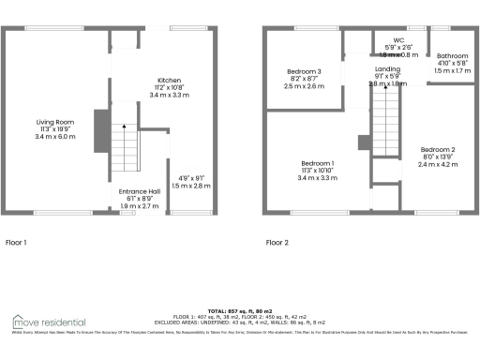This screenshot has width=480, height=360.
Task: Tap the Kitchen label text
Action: [169, 81]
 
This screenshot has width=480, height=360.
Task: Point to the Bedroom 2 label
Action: [437, 150]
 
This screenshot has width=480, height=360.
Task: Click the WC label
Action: [398, 41]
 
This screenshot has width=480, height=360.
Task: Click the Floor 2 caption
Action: [277, 243]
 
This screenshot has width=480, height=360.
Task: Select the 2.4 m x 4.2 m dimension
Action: [437, 165]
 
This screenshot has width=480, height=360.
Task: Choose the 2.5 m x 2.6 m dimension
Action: [305, 86]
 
